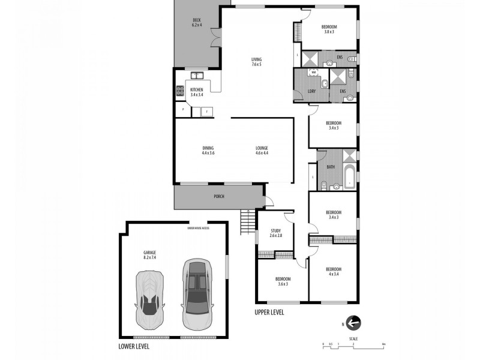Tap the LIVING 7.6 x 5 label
(x=256, y=61)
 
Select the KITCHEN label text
(x=196, y=92)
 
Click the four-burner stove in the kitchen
(x=179, y=92)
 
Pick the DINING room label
(x=208, y=151)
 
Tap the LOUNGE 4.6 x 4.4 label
(x=262, y=151)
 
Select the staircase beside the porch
(x=246, y=223)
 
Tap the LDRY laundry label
(x=311, y=91)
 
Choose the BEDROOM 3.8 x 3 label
(x=329, y=29)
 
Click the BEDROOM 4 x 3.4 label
(x=334, y=271)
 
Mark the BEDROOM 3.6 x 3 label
(x=283, y=281)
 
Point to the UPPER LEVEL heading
(x=269, y=313)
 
